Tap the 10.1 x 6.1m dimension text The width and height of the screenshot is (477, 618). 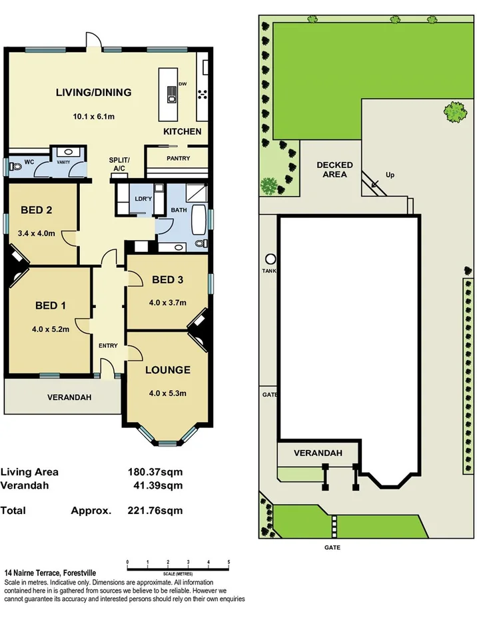[x=94, y=117]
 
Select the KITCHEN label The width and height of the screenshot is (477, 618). [x=182, y=131]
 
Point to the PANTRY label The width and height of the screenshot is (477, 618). [x=178, y=159]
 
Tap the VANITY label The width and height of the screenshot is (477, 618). [x=63, y=161]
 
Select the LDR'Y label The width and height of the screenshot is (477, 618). [x=142, y=199]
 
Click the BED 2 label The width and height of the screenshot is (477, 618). [x=37, y=210]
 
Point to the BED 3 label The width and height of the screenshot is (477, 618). [x=167, y=279]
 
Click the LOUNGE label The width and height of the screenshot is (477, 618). [x=168, y=370]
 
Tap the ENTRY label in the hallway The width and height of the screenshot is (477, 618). [x=108, y=345]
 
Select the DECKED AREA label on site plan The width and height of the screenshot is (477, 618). [x=334, y=169]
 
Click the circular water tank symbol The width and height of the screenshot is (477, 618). [x=270, y=259]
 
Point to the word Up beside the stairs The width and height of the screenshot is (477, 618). [x=390, y=175]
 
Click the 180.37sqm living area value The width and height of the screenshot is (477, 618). [x=155, y=471]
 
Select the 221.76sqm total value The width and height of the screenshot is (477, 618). [x=155, y=511]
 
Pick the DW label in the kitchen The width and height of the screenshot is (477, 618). [x=182, y=85]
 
